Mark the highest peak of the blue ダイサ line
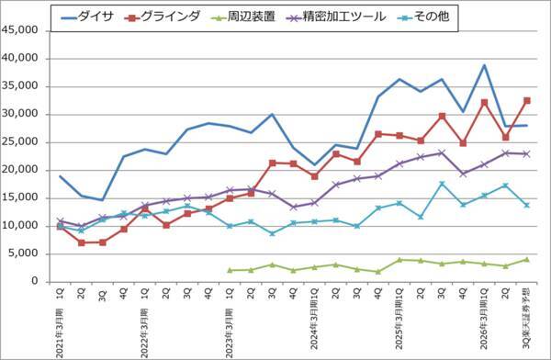point(484,65)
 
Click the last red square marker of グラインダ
point(526,100)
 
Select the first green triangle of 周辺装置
point(230,270)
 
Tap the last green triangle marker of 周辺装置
point(526,259)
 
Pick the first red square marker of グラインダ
point(61,226)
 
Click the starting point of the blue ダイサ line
point(61,176)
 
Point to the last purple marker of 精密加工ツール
point(526,153)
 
